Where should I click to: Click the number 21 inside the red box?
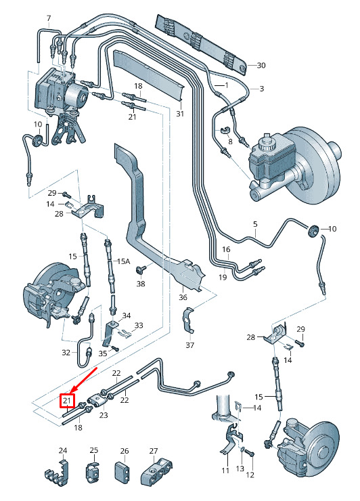pos(67,401)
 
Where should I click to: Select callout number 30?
pos(261,65)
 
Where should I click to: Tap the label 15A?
pos(124,261)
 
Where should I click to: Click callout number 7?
pos(49,18)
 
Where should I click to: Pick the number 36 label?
pos(183,297)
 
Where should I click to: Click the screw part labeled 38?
pos(140,269)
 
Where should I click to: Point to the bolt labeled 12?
pos(250,454)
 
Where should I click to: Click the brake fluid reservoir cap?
pos(265,144)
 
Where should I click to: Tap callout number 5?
pos(255,224)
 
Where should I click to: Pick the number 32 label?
pos(66,353)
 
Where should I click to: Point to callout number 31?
pos(180,114)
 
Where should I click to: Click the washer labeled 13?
pos(242,450)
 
